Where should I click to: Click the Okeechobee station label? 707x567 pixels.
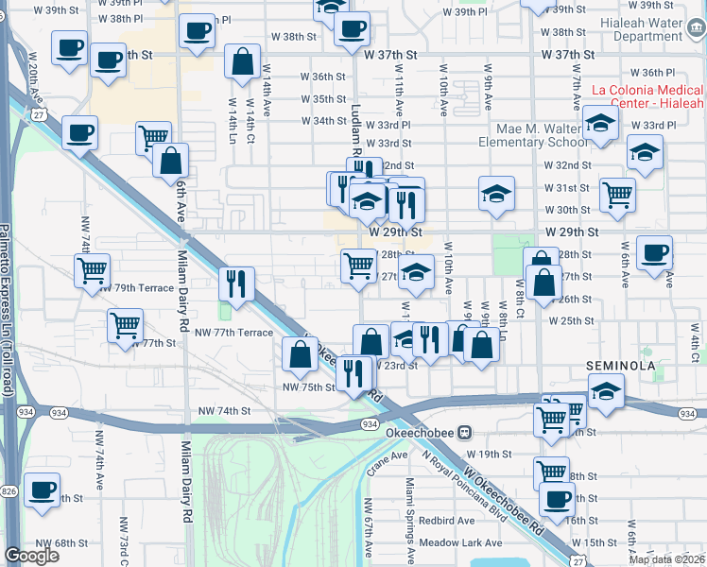click(x=421, y=433)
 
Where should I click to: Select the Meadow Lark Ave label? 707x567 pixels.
click(x=462, y=542)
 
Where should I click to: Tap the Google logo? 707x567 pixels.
click(x=31, y=556)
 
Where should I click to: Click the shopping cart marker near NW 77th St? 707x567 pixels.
click(x=125, y=326)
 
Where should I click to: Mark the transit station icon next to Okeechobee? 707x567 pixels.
click(x=464, y=433)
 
